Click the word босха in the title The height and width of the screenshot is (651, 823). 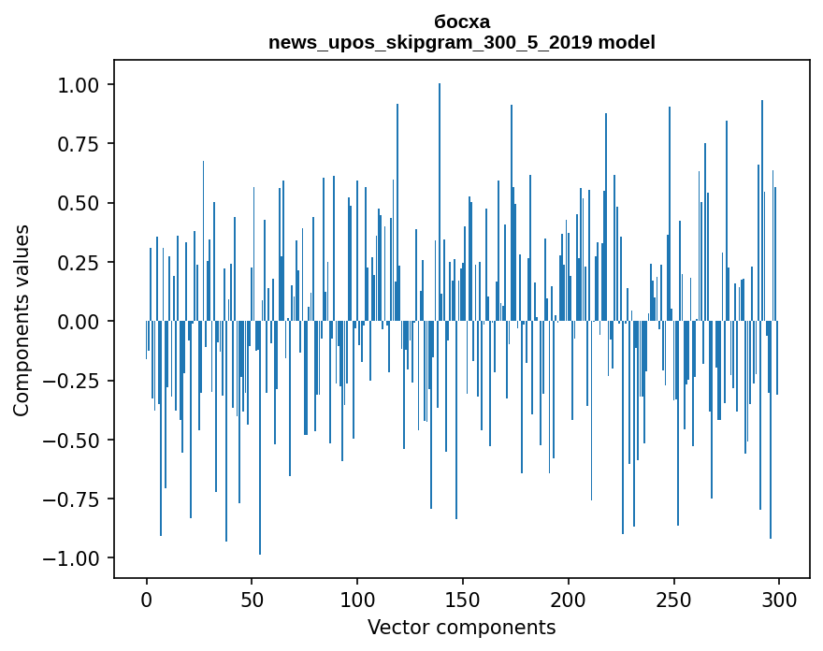[462, 22]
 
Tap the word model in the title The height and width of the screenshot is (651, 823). [627, 42]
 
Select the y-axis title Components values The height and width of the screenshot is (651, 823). [22, 320]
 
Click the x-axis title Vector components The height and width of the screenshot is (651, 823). [462, 628]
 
